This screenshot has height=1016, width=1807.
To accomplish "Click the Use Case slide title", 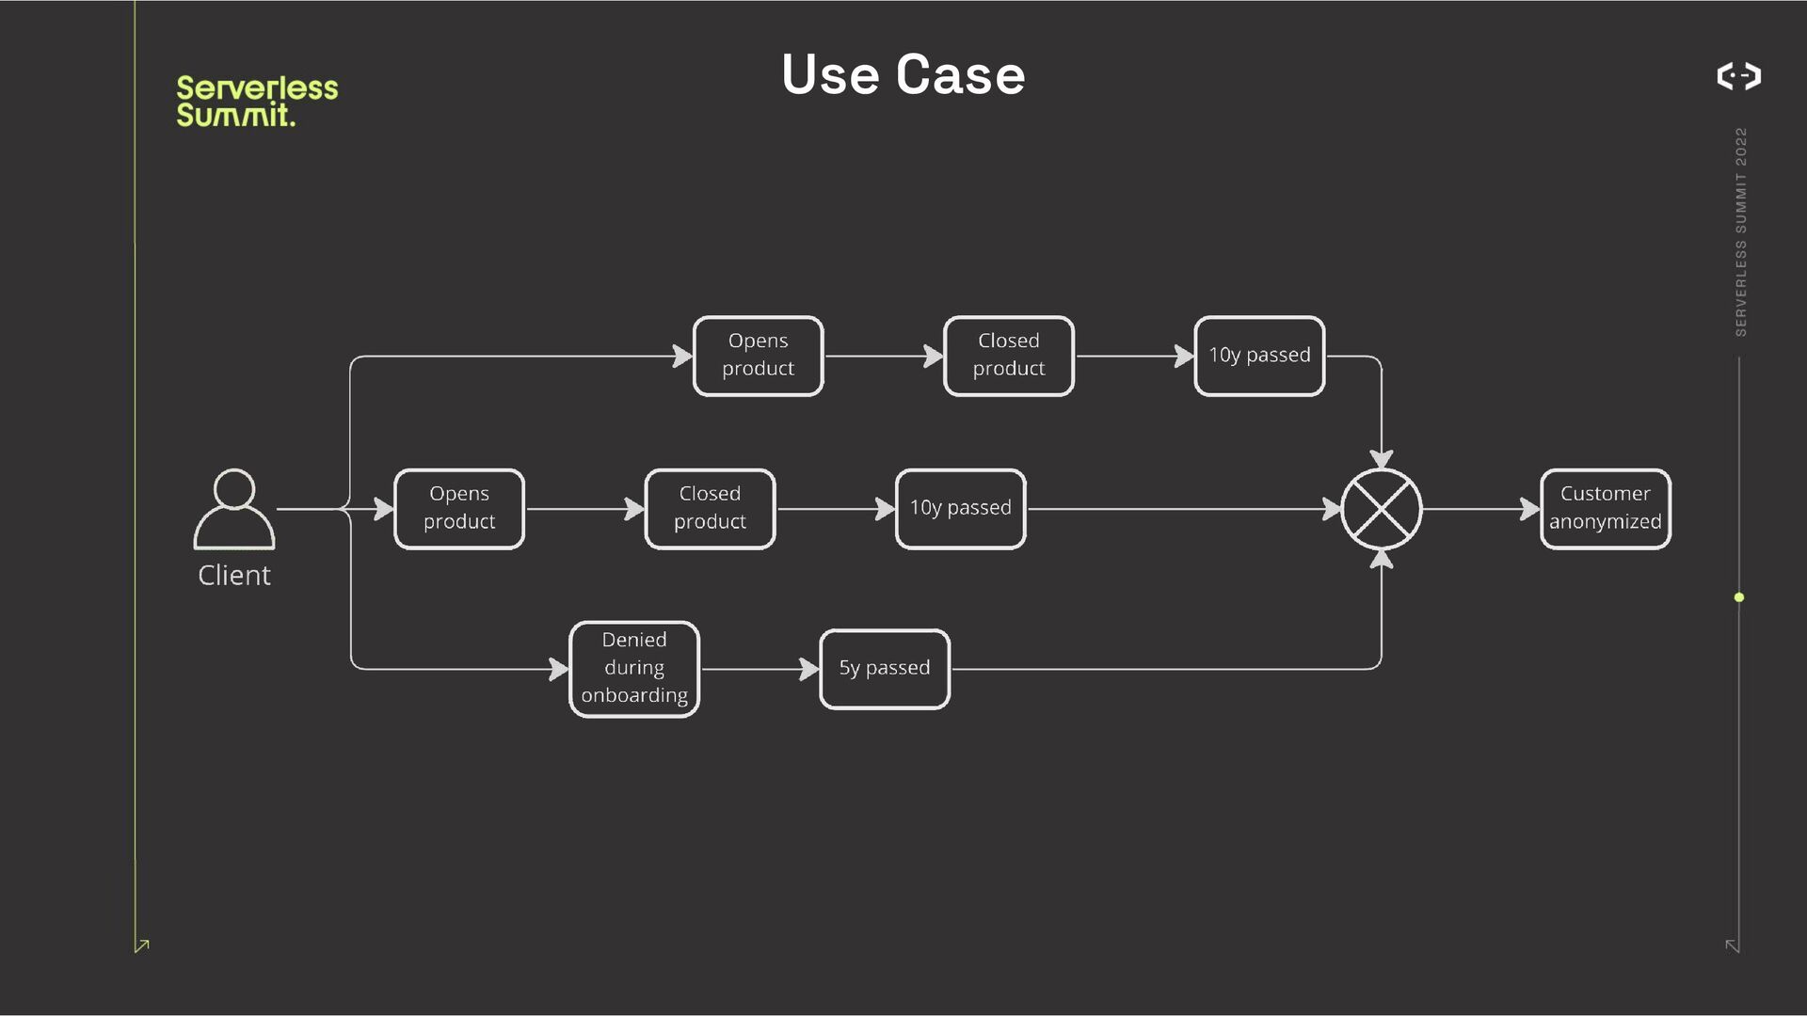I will [903, 74].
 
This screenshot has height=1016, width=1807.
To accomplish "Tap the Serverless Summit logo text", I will [256, 101].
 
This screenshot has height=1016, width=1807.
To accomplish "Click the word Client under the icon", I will [234, 575].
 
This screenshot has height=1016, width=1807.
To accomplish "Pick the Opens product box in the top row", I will [758, 356].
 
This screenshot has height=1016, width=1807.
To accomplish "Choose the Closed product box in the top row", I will [1008, 356].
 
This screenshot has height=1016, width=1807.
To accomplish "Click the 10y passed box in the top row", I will [1259, 356].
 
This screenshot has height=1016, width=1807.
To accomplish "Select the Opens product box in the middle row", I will [459, 508].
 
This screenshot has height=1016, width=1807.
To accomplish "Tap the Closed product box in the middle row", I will [710, 508].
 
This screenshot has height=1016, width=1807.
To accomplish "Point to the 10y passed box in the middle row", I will [960, 508].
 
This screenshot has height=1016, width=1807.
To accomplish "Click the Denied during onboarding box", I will [634, 668].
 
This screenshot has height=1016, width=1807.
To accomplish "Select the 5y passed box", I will [885, 668].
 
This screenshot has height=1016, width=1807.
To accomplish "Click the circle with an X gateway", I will [1381, 509].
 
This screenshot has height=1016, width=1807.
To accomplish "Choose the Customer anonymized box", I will [1605, 508].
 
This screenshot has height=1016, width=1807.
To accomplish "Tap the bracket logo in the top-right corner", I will [1738, 75].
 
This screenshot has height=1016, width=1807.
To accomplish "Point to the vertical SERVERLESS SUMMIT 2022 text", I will [1740, 231].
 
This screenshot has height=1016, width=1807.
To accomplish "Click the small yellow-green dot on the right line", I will [1739, 597].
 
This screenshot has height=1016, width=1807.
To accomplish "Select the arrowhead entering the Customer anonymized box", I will [1530, 509].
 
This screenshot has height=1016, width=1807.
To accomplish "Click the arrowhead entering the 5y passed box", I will [809, 669].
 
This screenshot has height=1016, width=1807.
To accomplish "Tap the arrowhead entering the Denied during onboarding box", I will [559, 669].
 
